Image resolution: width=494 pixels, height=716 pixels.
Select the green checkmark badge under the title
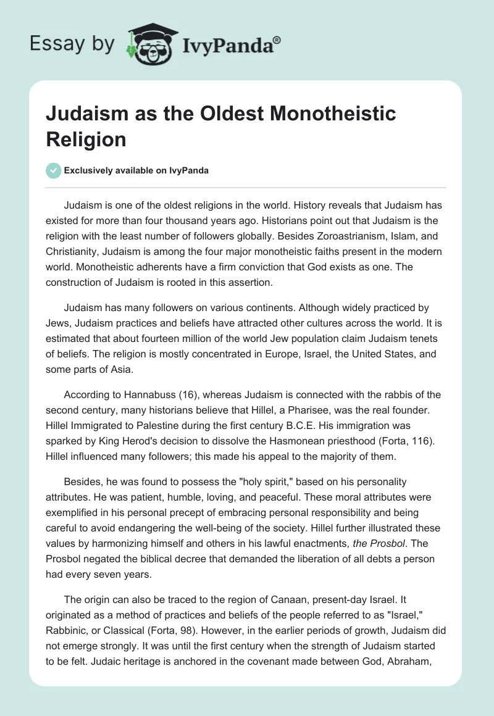point(54,170)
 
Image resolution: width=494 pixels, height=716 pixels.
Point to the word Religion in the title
point(86,139)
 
